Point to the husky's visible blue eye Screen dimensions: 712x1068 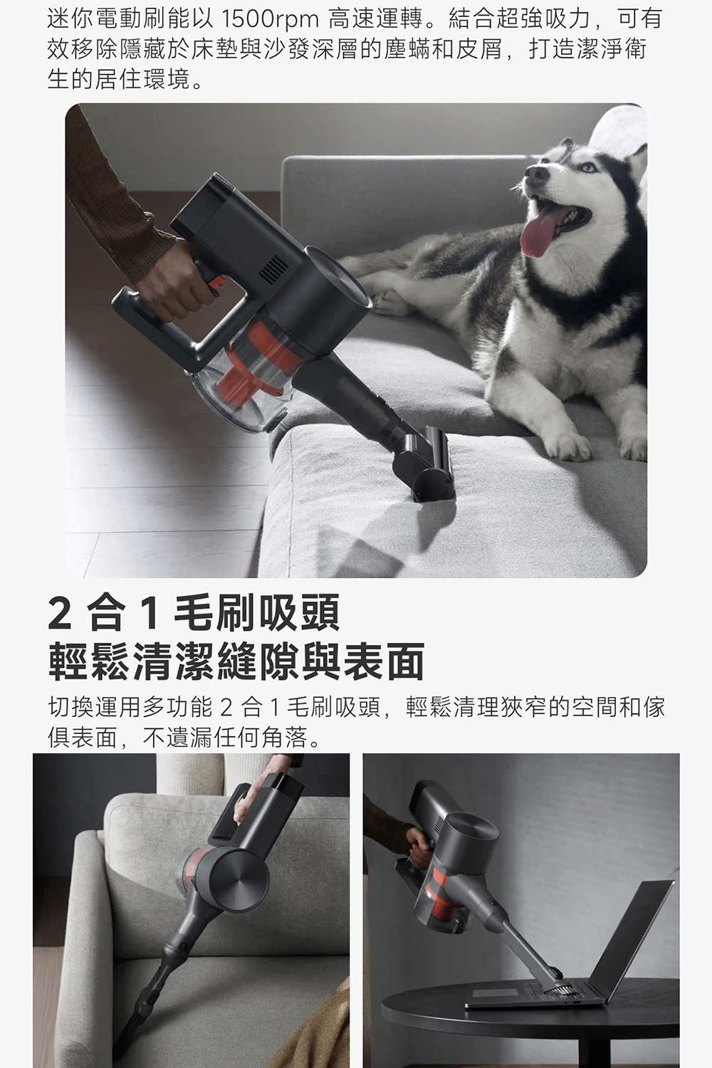click(588, 167)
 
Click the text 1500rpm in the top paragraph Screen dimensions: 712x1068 click(269, 19)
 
